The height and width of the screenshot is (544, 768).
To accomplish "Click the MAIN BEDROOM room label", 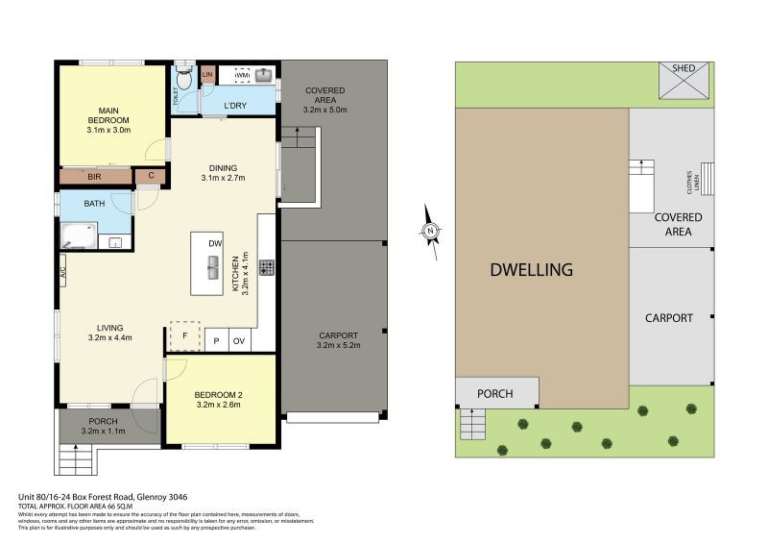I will (x=108, y=113).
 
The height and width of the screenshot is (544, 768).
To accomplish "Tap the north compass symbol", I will (x=432, y=230).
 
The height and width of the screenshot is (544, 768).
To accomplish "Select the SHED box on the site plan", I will (x=684, y=82).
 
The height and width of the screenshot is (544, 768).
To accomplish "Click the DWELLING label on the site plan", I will (x=531, y=270).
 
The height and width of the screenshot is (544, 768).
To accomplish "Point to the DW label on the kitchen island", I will (x=216, y=245).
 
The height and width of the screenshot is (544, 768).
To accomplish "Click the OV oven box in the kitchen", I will (x=239, y=340).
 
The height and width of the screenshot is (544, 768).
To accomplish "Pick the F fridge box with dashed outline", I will (x=184, y=334).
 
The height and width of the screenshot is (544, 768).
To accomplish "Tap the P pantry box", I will (x=216, y=340).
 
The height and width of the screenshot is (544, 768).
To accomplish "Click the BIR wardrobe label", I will (x=94, y=177).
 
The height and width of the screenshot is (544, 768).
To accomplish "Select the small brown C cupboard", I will (x=151, y=176).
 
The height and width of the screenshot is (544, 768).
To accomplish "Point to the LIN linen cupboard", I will (x=207, y=73).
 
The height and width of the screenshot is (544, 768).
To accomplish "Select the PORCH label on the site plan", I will (x=494, y=393).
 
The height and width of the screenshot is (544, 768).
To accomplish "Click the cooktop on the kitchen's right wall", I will (x=266, y=266).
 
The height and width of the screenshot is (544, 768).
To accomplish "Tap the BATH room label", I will (x=94, y=204).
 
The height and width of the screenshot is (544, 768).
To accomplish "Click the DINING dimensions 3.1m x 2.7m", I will (x=224, y=178).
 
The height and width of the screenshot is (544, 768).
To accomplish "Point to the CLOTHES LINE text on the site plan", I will (x=688, y=180).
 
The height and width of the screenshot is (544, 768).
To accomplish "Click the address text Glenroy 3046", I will (x=162, y=497).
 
